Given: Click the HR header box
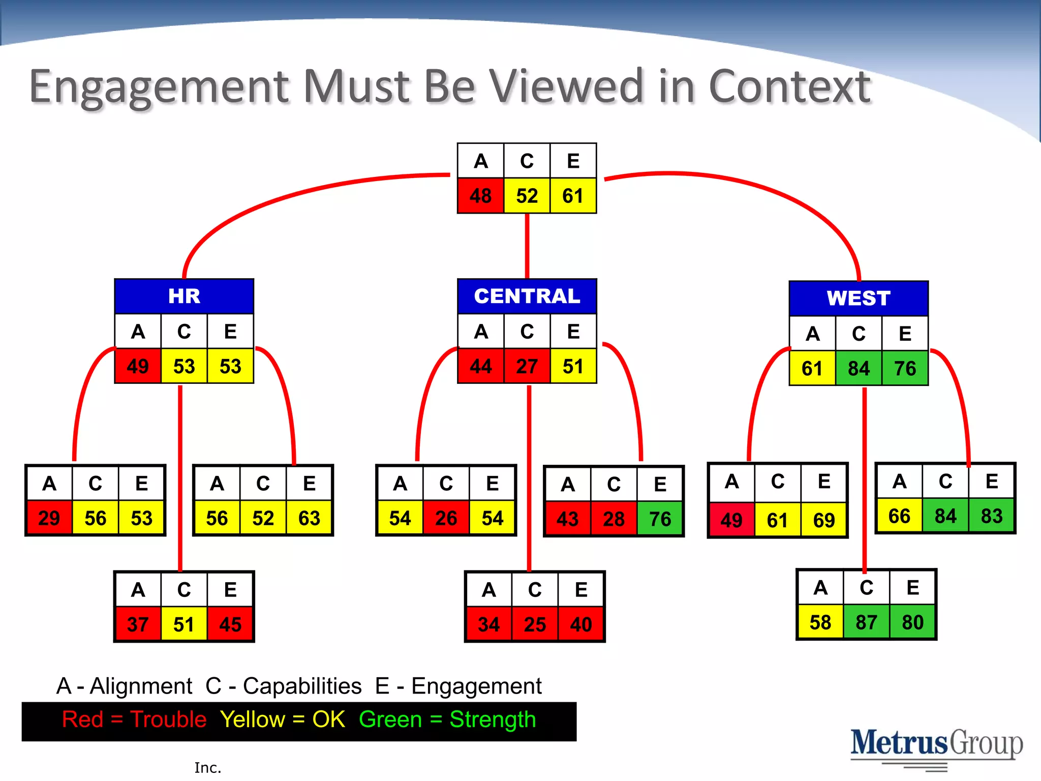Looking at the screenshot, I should coord(184,296).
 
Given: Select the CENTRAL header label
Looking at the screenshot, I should coord(527,296).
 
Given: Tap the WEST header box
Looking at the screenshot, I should coord(859,298).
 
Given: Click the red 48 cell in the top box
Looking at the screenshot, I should coord(480,196).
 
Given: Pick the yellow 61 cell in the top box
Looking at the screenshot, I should coord(573,196).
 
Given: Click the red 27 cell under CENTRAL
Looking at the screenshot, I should coord(527,366).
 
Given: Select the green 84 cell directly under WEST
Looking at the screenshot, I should coord(859,368).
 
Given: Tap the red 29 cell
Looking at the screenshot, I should coord(49,518).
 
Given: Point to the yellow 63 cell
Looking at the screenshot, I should coord(309,518).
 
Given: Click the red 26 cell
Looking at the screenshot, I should coord(446,518).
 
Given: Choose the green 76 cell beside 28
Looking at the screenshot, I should coord(660,519).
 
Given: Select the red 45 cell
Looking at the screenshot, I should coord(230,624).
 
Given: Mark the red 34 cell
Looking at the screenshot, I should coord(488,624).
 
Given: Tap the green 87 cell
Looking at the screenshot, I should coord(866,622).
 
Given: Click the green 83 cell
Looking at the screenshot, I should coord(991,516).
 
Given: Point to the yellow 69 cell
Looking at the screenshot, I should coord(823,520).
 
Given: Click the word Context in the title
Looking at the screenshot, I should coord(789,86).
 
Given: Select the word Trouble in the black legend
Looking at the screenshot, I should coord(168,719).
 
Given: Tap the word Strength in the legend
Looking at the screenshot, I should coord(493,719).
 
